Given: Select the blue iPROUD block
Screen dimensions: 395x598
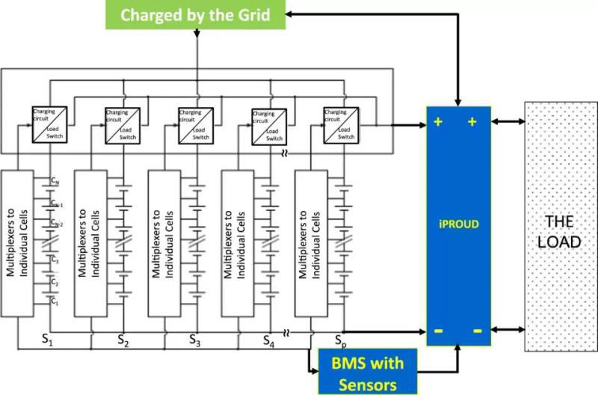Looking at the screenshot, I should [458, 225].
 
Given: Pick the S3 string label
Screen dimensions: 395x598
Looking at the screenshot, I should [194, 340].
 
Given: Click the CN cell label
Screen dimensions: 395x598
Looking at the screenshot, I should [55, 180].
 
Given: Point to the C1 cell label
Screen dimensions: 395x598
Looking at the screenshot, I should [55, 301].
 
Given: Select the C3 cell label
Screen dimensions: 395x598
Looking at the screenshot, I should [55, 260].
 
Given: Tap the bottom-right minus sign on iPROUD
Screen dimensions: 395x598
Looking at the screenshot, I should [476, 330].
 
